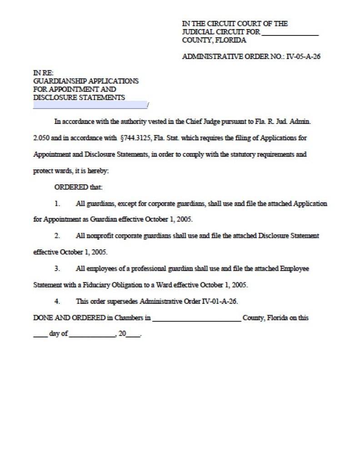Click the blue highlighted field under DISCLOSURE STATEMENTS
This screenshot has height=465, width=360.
coord(90,105)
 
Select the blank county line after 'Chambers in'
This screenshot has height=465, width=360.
coord(196,320)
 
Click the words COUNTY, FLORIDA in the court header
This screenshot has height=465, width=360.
coord(214,40)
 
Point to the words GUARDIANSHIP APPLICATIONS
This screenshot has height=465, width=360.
coord(86,81)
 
